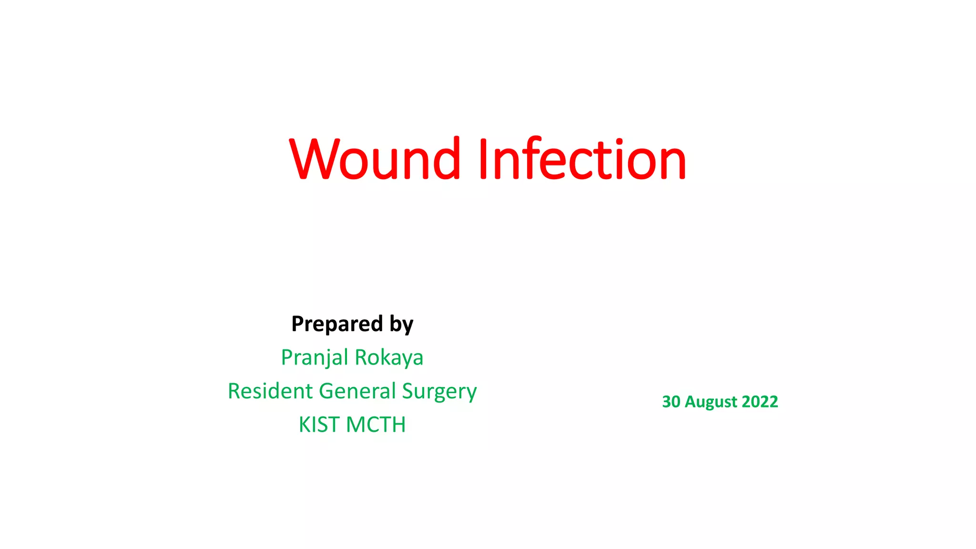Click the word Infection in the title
tap(582, 159)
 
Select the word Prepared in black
tap(337, 324)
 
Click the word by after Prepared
tap(401, 325)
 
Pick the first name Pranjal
tap(315, 357)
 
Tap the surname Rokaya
tap(389, 357)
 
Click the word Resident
tap(270, 391)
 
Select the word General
tap(357, 391)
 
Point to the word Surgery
tap(439, 392)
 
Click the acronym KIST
tap(319, 424)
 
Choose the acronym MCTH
tap(376, 424)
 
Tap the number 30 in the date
tap(671, 402)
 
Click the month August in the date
tap(709, 402)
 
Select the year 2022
tap(760, 402)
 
